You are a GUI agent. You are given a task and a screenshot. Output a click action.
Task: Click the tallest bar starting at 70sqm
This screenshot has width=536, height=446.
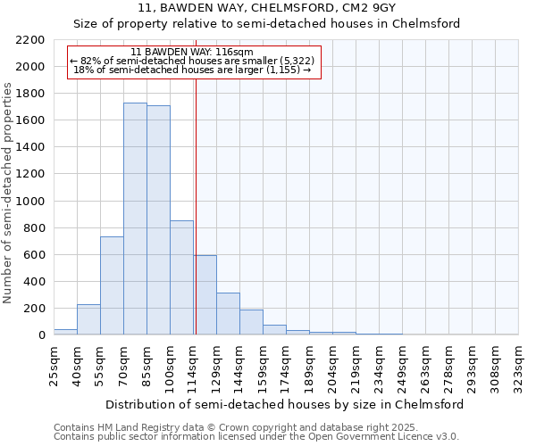[135, 219]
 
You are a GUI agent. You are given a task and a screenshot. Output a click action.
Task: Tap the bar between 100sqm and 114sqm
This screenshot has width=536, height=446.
[181, 277]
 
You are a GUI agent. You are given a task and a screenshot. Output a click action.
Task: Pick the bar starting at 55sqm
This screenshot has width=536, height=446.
[112, 285]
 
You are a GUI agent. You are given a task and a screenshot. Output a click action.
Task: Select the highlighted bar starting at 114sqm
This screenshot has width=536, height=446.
[205, 295]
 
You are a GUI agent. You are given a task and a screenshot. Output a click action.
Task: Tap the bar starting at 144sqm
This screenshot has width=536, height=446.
[251, 322]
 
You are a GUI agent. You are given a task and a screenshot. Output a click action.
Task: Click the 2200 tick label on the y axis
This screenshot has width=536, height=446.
[29, 40]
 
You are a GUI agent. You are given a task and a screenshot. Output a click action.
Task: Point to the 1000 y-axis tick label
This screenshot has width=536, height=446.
[29, 202]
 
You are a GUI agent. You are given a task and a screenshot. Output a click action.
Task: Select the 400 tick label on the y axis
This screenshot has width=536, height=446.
[33, 282]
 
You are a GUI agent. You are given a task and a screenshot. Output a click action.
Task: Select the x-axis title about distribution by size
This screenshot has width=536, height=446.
[284, 404]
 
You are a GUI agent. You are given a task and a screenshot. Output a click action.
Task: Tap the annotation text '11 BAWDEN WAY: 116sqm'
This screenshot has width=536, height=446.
[191, 53]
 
